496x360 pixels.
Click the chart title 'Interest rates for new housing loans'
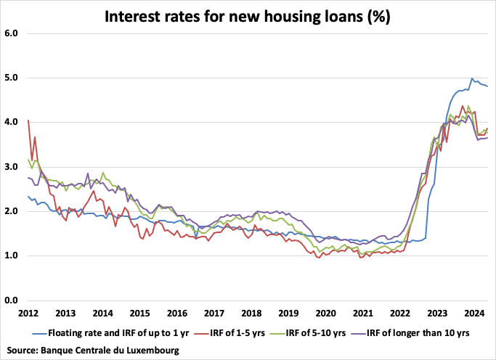pos(248,16)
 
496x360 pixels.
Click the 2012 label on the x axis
pos(28,314)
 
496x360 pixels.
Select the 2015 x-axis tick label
pos(139,314)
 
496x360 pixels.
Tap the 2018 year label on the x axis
pos(251,314)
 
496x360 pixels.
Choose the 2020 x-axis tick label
pos(325,314)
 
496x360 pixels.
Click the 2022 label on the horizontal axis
pos(400,314)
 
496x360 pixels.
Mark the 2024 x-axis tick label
pos(474,314)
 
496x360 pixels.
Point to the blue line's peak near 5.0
pos(472,78)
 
